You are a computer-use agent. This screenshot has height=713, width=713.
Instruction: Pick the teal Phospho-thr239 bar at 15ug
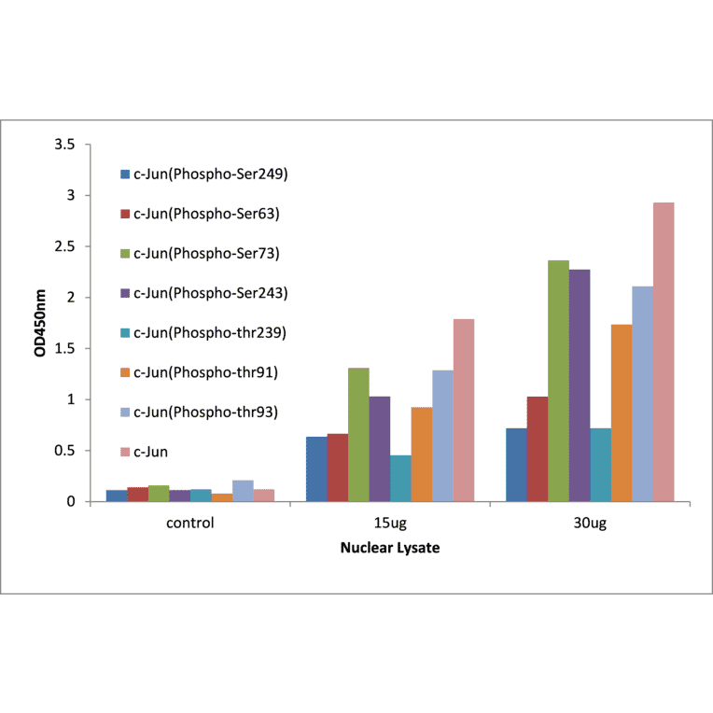tap(400, 478)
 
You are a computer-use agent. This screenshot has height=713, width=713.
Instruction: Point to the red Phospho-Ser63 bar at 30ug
tap(538, 449)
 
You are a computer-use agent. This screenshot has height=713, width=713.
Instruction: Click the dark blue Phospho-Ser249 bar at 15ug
tap(316, 468)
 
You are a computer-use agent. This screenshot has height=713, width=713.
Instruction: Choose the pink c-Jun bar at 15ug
tap(463, 411)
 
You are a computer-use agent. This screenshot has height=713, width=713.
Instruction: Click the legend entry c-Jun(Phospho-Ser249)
tap(210, 174)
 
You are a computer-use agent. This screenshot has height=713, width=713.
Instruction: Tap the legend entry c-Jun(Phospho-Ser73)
tap(206, 253)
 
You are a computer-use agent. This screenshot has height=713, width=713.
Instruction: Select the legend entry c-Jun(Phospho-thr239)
tap(210, 332)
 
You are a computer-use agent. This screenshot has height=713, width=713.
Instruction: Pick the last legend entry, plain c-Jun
tap(151, 452)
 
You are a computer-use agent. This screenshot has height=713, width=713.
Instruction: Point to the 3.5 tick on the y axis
tap(64, 145)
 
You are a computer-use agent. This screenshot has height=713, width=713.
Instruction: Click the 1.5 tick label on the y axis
tap(64, 349)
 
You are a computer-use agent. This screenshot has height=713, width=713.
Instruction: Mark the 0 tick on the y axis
tap(71, 502)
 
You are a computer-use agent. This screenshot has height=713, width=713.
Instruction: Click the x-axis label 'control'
tap(190, 523)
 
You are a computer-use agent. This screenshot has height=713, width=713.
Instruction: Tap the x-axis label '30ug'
tap(592, 523)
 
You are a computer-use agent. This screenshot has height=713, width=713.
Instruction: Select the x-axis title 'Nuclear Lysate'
tap(389, 548)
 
